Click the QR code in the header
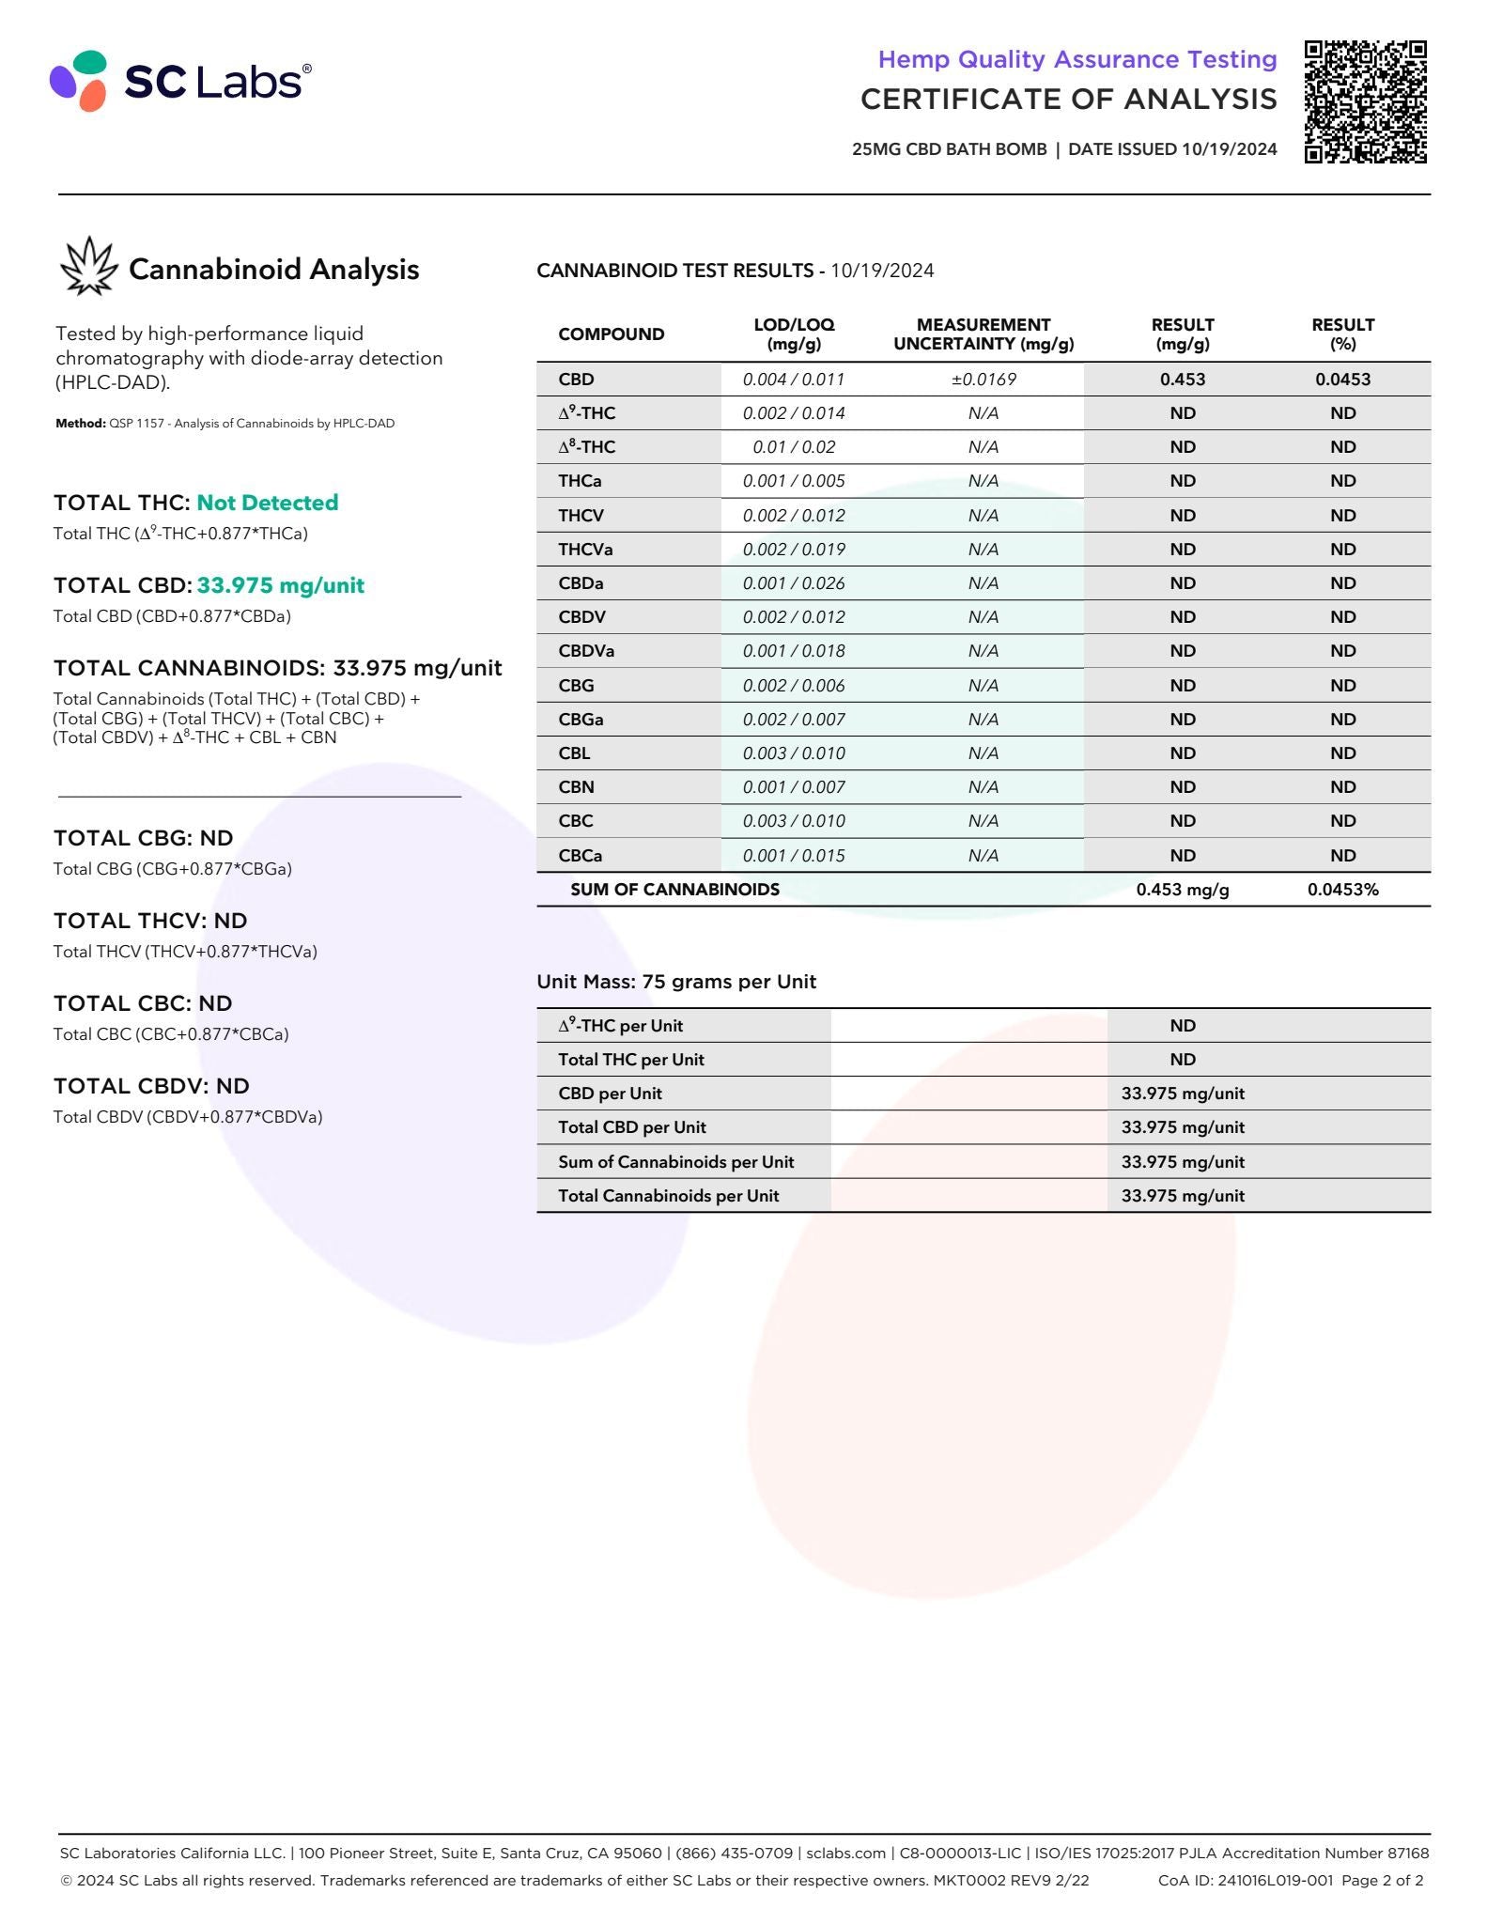[x=1365, y=101]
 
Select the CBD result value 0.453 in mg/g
[x=1182, y=380]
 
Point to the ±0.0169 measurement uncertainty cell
[x=983, y=380]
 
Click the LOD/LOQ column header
[x=794, y=334]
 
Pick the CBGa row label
[x=581, y=720]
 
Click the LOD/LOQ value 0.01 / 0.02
[x=794, y=447]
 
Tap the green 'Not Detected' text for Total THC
[x=267, y=503]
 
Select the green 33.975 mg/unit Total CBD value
[x=280, y=585]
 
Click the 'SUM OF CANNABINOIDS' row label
[x=674, y=890]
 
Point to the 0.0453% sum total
[x=1342, y=890]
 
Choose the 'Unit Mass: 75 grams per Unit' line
[x=676, y=982]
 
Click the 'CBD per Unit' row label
[x=610, y=1094]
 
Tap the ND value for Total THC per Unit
[x=1182, y=1060]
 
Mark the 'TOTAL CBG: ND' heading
[x=144, y=838]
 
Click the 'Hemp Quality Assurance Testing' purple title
[x=1077, y=59]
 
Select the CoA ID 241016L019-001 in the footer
[x=1245, y=1880]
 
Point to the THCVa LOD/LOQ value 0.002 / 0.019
[x=794, y=550]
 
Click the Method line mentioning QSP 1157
[x=225, y=424]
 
